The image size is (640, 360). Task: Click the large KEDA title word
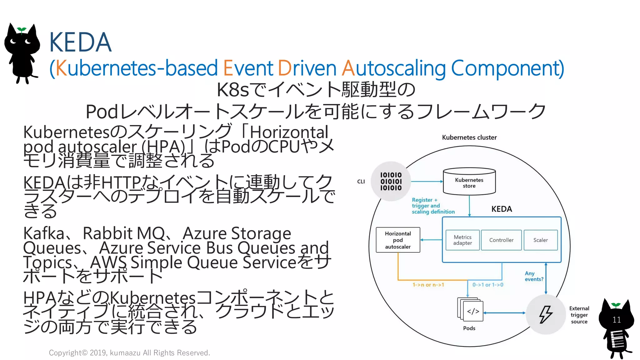pos(80,42)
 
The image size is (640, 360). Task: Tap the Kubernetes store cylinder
pos(469,182)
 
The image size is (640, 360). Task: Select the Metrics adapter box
pos(462,240)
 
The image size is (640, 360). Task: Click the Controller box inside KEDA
pos(501,240)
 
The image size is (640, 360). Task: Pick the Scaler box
pos(540,240)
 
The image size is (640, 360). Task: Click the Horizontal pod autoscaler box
pos(398,240)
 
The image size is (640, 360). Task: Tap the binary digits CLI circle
pos(391,181)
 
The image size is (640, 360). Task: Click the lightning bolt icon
pos(546,314)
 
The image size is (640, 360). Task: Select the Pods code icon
pos(472,311)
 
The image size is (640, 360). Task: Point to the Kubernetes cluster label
pos(469,137)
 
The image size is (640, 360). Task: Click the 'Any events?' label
pos(534,276)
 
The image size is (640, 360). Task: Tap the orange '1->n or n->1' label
pos(428,285)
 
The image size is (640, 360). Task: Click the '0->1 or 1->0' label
pos(487,285)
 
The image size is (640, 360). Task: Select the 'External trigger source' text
pos(579,315)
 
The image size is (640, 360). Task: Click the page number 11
pos(617,320)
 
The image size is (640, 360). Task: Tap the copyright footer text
pos(129,353)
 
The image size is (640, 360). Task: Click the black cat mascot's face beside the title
pos(21,42)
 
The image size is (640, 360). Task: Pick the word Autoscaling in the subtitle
pos(394,68)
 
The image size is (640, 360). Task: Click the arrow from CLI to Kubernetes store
pos(427,181)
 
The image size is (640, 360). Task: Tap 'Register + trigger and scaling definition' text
pos(433,206)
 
